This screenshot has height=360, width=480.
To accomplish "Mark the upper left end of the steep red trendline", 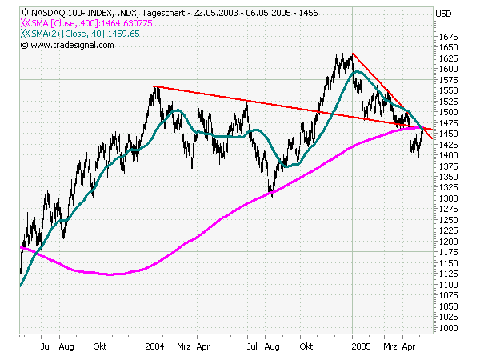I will point(353,54).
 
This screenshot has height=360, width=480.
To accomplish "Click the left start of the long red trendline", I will point(154,86).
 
